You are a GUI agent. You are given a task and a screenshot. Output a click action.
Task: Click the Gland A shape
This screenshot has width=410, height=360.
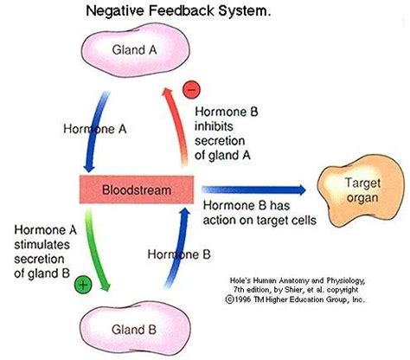coord(135,50)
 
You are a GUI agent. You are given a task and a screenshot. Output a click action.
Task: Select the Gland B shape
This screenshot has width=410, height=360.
coord(135,329)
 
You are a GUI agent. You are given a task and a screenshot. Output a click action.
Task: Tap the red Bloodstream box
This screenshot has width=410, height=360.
coord(137,190)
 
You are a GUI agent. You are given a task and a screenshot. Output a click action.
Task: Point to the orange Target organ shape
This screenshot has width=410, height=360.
coord(361,190)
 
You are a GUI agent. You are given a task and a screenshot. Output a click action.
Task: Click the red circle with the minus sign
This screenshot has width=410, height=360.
coord(191,89)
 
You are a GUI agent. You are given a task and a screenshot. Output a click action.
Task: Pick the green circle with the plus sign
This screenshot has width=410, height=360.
coord(83,285)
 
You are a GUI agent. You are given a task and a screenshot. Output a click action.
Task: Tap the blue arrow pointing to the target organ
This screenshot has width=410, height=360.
coord(253,190)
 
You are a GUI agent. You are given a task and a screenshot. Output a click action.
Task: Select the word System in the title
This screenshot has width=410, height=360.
coord(244,11)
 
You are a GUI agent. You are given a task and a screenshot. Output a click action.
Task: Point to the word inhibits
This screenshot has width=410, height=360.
coord(214,126)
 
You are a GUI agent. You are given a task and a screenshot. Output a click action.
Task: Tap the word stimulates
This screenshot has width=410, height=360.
coord(42,245)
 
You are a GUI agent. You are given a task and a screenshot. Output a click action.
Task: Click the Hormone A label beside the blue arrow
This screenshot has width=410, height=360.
coord(95,129)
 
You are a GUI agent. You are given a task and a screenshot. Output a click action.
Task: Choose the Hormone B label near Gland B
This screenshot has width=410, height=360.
coord(179,254)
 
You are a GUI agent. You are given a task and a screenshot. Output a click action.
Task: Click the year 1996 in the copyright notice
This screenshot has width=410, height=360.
coord(243,299)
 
